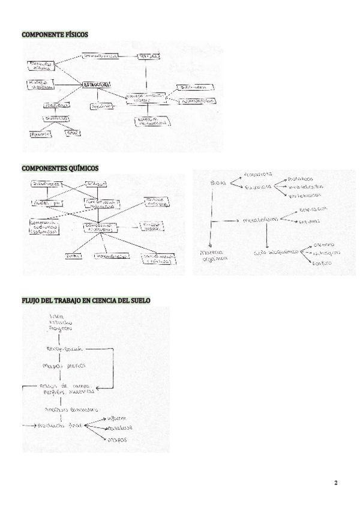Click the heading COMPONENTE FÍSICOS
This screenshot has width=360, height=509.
pos(55,35)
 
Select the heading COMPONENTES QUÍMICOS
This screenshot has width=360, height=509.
pos(60,168)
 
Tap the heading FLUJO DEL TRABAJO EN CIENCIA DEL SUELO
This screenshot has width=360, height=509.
pos(86,300)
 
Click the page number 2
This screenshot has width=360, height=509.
pos(336,483)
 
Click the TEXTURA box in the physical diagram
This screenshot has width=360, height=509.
pos(149,56)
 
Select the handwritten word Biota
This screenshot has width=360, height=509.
pos(217,182)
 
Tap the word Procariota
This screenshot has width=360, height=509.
pos(258,175)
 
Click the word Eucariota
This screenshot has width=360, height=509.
pos(257,187)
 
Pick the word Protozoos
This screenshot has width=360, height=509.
pos(301,178)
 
